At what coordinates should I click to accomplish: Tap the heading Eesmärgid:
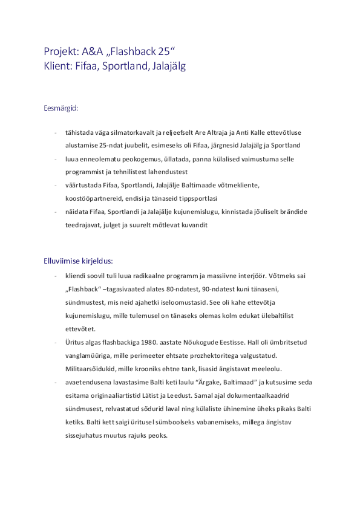pyautogui.click(x=61, y=109)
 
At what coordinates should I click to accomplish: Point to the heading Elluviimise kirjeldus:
pyautogui.click(x=78, y=262)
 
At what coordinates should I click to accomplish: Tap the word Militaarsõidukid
pyautogui.click(x=89, y=369)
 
